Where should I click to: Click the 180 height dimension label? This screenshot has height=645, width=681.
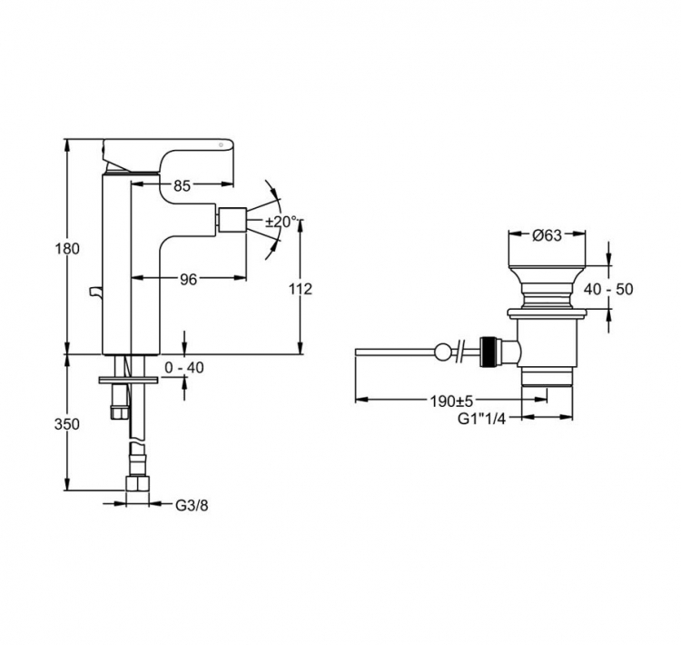click(67, 249)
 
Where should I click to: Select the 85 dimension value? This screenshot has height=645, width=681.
click(182, 186)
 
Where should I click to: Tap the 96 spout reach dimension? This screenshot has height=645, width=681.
click(189, 280)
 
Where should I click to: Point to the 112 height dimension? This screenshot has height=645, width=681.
click(301, 289)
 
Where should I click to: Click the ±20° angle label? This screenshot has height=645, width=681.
click(281, 222)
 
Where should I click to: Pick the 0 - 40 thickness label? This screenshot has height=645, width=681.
click(184, 368)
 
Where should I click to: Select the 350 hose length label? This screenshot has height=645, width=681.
click(67, 424)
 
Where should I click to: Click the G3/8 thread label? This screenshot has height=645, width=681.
click(192, 506)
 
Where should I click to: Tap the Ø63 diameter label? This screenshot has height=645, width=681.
click(547, 235)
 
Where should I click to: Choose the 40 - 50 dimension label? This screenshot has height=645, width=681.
click(608, 290)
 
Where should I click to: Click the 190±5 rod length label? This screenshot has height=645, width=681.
click(451, 402)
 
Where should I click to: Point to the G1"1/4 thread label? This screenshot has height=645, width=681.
click(482, 419)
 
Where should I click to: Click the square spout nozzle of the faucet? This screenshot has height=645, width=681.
click(232, 221)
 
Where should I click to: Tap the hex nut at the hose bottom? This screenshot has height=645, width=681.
click(137, 483)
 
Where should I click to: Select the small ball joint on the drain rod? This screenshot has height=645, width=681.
click(442, 352)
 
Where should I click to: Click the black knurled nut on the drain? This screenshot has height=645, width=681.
click(488, 352)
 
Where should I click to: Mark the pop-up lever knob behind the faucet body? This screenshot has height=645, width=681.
click(95, 293)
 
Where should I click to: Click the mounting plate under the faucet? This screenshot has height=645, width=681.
click(129, 381)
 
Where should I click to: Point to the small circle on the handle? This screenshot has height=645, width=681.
click(221, 144)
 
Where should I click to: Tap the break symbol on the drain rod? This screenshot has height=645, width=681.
click(461, 352)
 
